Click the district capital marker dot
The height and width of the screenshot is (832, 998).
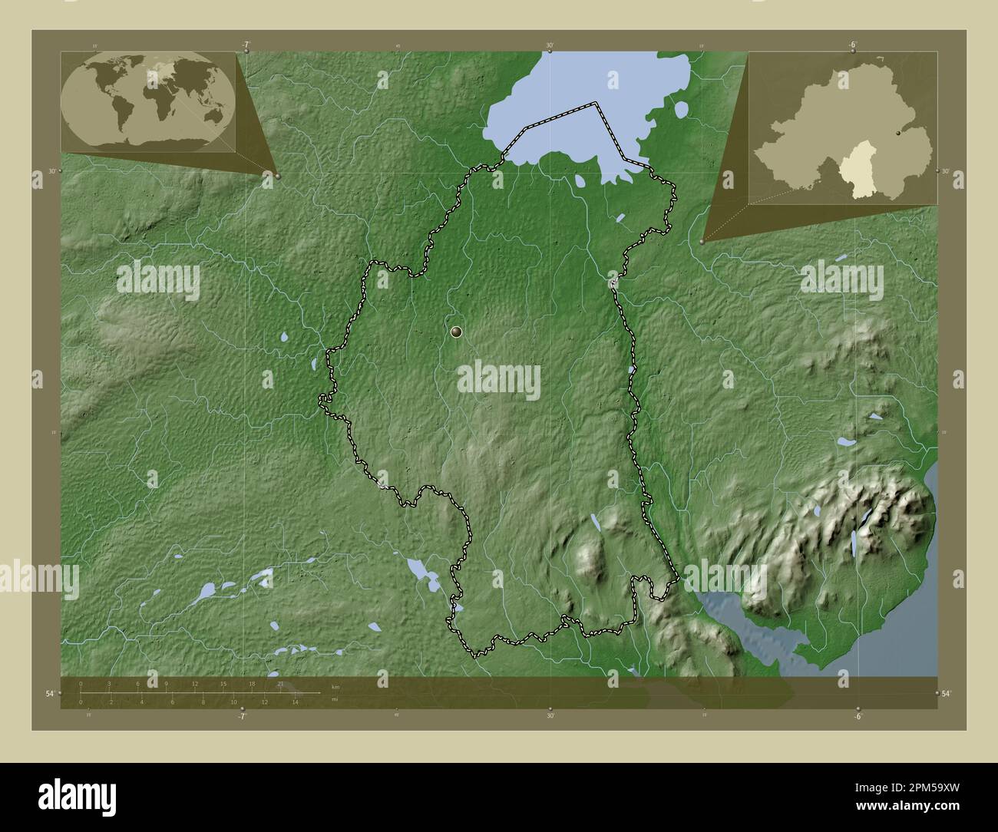click(x=458, y=332)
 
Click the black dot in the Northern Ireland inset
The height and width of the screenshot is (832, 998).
click(x=898, y=133)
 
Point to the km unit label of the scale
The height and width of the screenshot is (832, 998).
click(x=335, y=685)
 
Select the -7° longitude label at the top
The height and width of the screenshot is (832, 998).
click(x=245, y=45)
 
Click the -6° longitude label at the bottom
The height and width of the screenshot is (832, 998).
click(x=857, y=717)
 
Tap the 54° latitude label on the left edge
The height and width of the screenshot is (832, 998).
click(x=49, y=694)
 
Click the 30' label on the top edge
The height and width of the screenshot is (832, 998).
click(x=550, y=45)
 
